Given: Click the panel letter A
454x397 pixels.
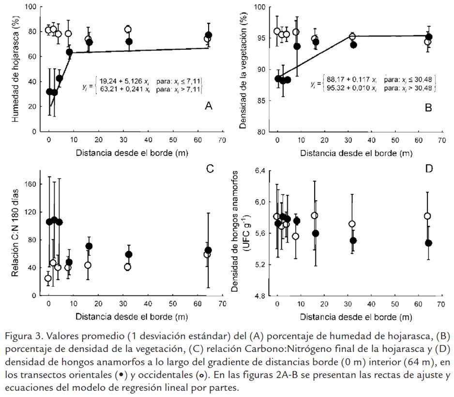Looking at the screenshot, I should click(x=209, y=106).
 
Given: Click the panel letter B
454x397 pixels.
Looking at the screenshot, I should click(x=428, y=108).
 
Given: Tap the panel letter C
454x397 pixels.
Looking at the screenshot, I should click(x=210, y=168).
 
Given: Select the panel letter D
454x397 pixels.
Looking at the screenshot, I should click(x=429, y=168).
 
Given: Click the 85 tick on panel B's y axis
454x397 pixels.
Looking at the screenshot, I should click(x=260, y=101).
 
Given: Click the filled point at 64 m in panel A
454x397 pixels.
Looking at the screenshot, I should click(x=209, y=35).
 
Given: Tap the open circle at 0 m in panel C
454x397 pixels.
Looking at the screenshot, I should click(x=48, y=279).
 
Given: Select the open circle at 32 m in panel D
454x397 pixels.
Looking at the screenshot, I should click(x=352, y=224).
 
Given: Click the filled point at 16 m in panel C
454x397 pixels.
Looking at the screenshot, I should click(x=89, y=246).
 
